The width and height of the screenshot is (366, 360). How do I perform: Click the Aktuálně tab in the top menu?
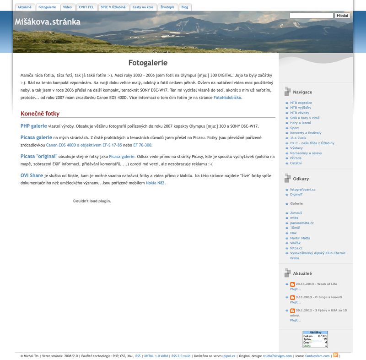coord(24,7)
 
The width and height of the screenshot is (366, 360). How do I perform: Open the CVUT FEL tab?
coord(86,7)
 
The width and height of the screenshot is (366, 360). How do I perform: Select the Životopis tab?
coord(167,7)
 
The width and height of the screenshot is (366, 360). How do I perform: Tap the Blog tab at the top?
coord(184,7)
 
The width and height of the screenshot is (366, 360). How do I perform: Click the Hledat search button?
coord(342,16)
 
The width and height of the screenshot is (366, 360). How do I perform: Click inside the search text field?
coord(311,16)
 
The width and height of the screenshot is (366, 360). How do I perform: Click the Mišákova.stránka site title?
coord(48,22)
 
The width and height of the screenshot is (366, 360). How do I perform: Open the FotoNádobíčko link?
coord(227,98)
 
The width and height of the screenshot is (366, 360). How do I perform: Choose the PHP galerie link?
coord(33,126)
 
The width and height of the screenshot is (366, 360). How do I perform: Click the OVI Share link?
coord(32,175)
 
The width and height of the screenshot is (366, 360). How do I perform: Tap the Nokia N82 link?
coord(155,183)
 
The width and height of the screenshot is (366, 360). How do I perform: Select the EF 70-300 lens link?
coord(142,145)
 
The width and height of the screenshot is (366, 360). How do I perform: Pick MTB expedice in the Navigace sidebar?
coord(301,103)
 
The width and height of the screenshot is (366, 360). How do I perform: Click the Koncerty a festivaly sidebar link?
coord(306,133)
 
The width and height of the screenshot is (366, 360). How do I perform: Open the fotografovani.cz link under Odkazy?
coord(302,189)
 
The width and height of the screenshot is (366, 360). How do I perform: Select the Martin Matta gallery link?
coord(300,238)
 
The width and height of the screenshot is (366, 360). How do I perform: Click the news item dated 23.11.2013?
coord(316,284)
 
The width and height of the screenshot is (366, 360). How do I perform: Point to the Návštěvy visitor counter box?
coord(315,339)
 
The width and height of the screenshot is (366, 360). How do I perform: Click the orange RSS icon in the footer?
coord(335,355)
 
